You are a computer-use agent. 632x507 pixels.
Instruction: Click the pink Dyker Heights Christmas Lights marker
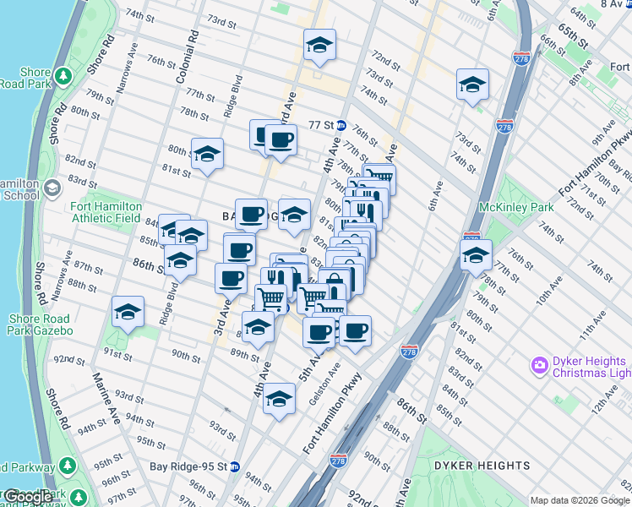coord(539,365)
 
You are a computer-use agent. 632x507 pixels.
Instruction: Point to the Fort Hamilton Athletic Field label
coord(105,210)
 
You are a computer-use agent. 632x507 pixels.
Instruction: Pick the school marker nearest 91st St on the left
coord(128,312)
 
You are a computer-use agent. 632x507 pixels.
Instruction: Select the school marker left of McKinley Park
coord(476,254)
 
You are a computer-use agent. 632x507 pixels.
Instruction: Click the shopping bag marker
coord(335,285)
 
